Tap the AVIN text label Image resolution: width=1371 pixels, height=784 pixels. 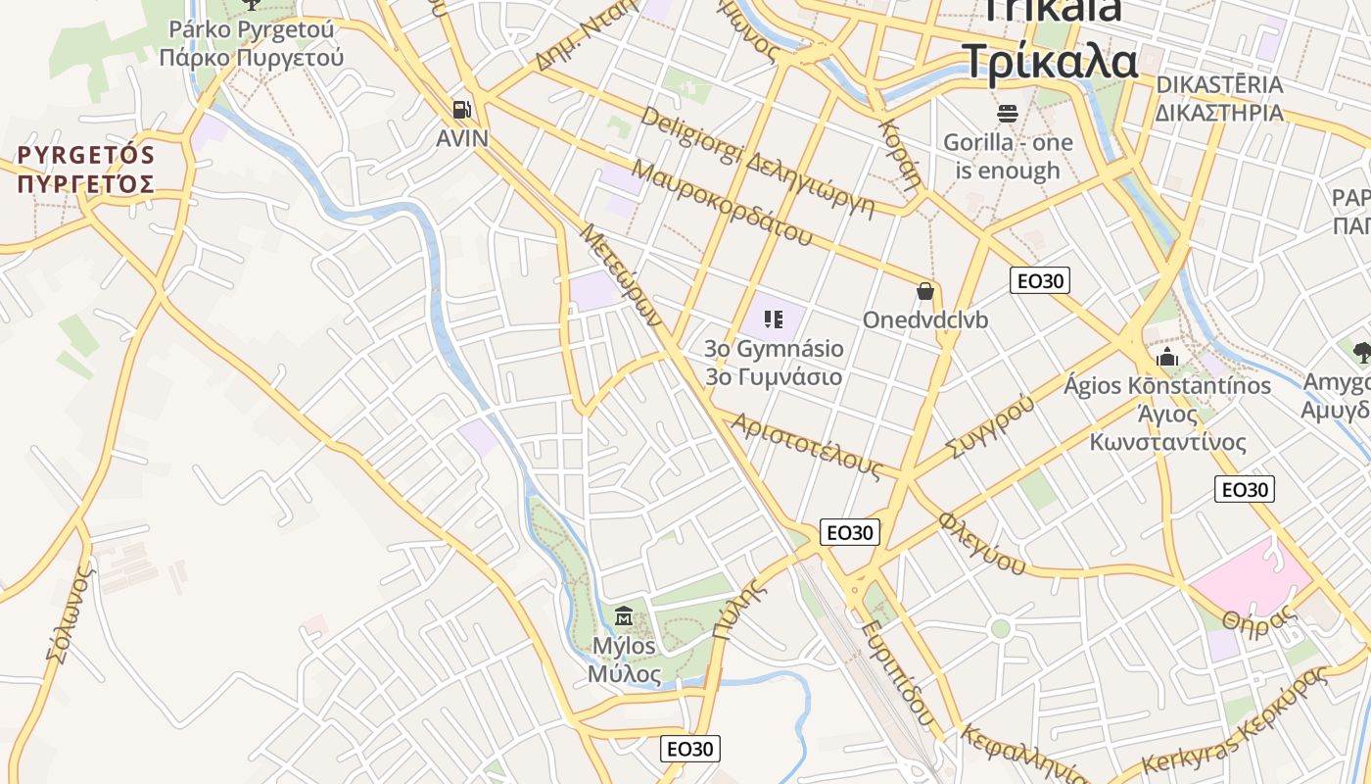point(462,138)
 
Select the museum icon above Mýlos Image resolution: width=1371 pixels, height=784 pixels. point(623,616)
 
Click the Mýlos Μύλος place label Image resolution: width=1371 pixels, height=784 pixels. point(624,661)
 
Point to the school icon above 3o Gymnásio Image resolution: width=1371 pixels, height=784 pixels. point(774,319)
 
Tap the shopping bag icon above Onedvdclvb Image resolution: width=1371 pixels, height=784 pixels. point(925,291)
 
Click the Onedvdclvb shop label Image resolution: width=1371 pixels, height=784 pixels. point(925,320)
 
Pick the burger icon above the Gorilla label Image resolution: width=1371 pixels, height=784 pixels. point(1008,114)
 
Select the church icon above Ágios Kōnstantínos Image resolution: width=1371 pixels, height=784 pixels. point(1167,356)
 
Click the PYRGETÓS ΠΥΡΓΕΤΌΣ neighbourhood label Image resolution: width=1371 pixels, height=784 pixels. point(86,170)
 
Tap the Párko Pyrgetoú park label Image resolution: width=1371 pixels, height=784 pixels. point(252,43)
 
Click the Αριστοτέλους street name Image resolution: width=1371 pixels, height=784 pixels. point(807,446)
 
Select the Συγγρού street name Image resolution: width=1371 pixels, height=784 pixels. point(990,426)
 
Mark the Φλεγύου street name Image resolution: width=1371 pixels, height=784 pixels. point(981,542)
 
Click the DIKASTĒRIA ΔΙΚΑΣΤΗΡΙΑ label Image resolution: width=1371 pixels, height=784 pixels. point(1219,98)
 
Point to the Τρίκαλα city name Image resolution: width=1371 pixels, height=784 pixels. point(1050,61)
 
